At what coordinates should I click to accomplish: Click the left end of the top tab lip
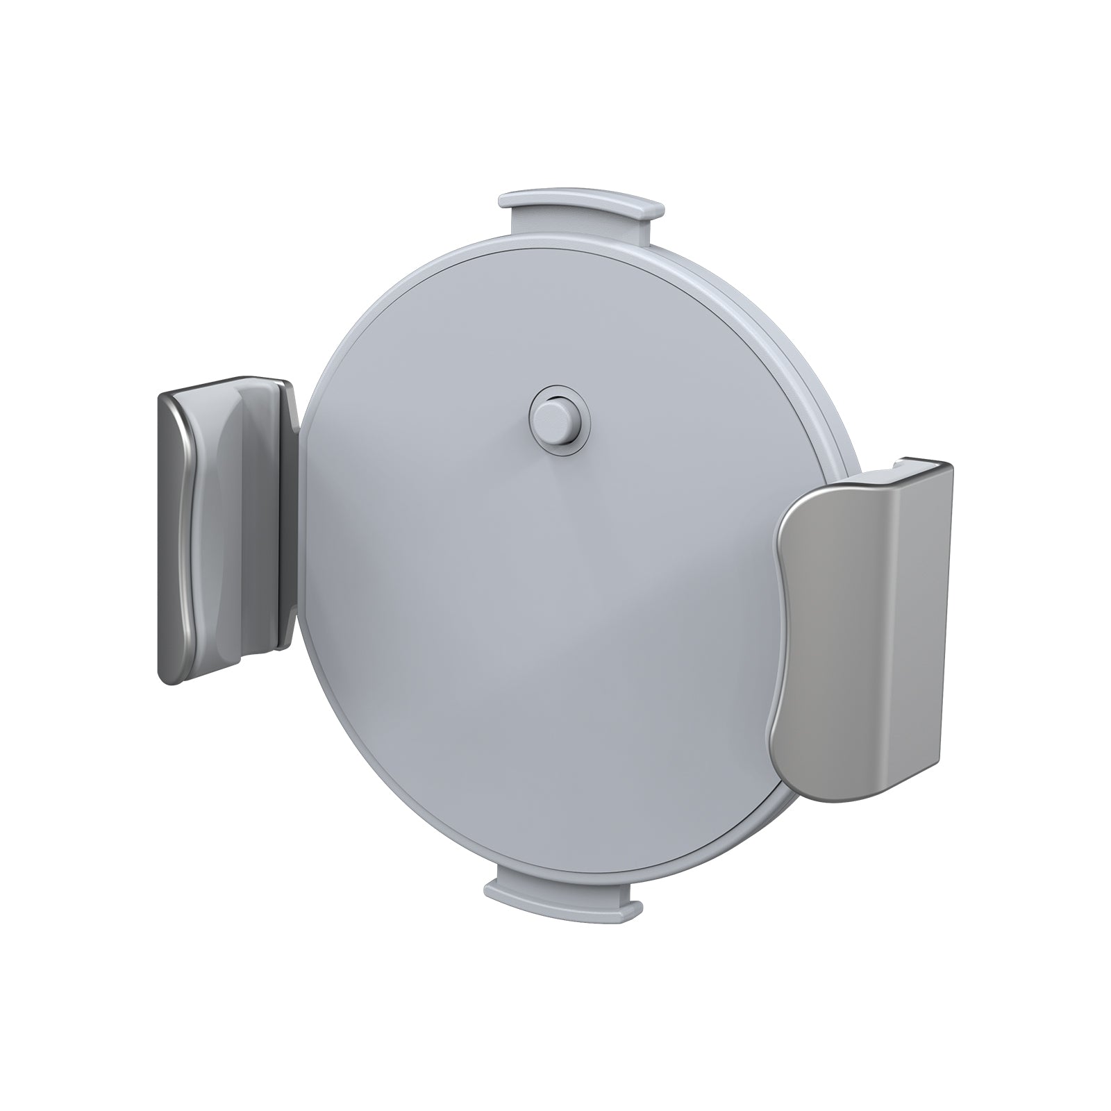(507, 201)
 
